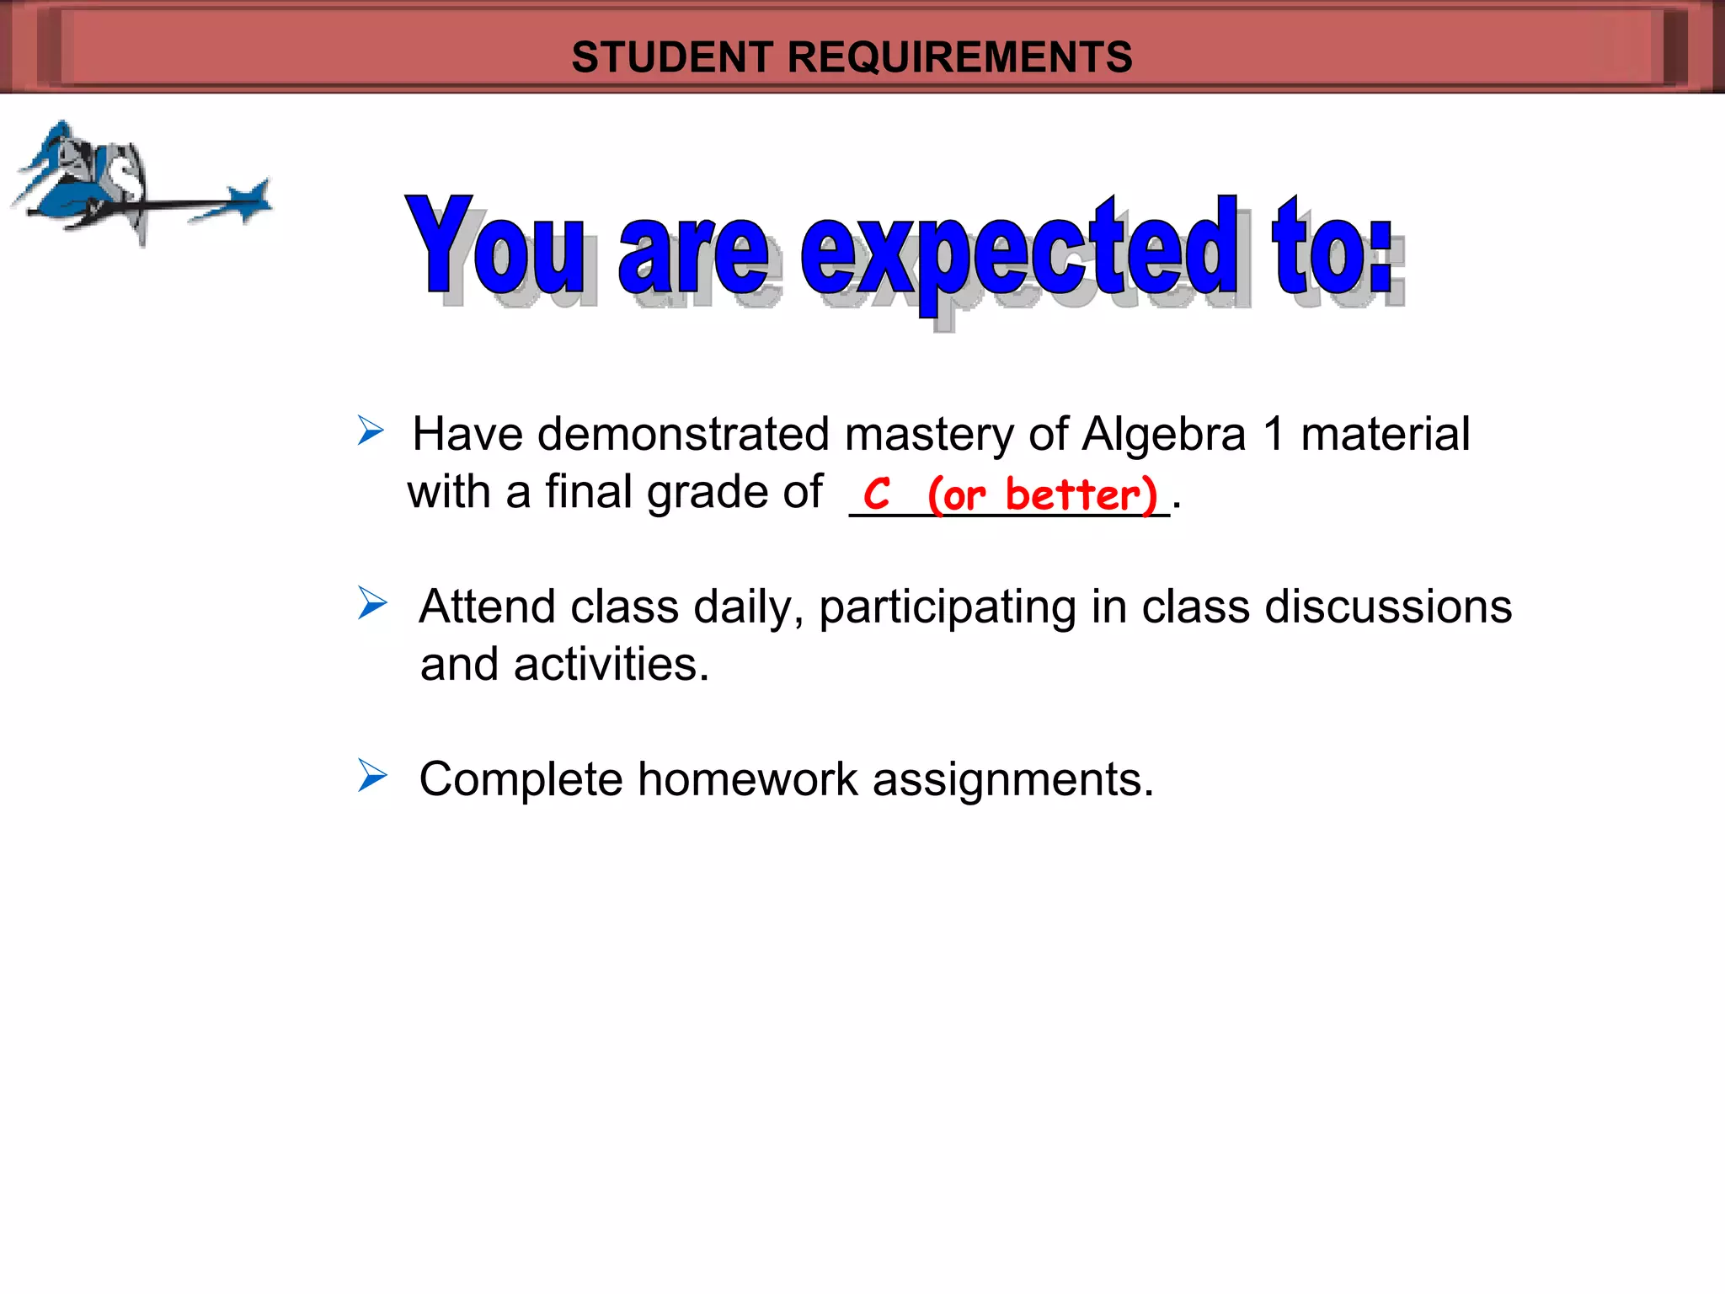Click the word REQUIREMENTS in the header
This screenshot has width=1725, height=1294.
click(959, 57)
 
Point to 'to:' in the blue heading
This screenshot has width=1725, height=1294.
click(1334, 248)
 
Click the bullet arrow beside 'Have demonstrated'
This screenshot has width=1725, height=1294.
click(370, 430)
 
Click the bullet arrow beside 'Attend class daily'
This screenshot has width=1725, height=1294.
click(371, 603)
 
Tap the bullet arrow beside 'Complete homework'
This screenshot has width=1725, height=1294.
click(371, 775)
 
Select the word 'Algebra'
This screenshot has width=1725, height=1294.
click(1163, 435)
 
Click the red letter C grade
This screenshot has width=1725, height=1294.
click(876, 494)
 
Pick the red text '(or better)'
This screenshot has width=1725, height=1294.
click(1043, 495)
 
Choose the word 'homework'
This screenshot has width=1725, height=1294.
click(747, 779)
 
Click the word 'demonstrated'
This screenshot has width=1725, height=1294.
click(683, 435)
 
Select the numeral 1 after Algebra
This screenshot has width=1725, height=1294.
click(1274, 435)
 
